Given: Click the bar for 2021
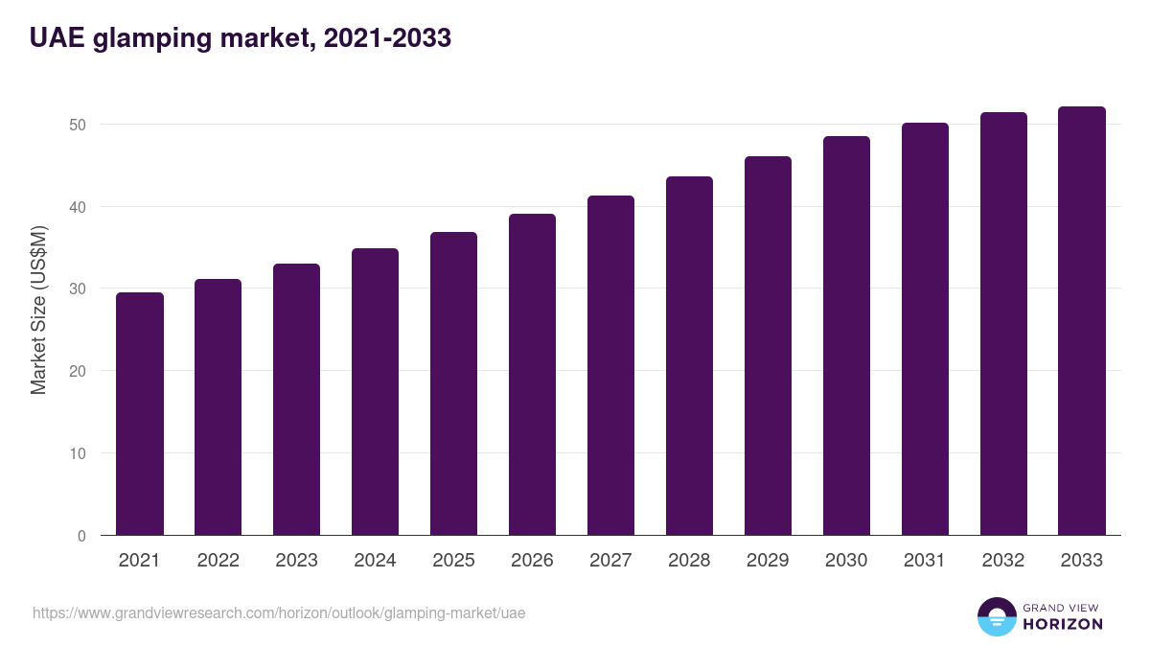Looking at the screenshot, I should pyautogui.click(x=140, y=414).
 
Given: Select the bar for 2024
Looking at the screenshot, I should pyautogui.click(x=376, y=392).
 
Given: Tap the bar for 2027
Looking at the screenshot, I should pyautogui.click(x=610, y=365).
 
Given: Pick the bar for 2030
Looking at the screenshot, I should pyautogui.click(x=846, y=335).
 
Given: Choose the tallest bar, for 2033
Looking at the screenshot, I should pyautogui.click(x=1082, y=321).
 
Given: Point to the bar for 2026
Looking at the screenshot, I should pyautogui.click(x=532, y=375).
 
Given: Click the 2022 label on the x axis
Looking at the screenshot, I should pyautogui.click(x=218, y=561).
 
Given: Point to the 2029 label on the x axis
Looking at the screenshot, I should pyautogui.click(x=768, y=561).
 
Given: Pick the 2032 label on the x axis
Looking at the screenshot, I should pyautogui.click(x=1003, y=561).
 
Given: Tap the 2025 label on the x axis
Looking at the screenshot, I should pyautogui.click(x=453, y=561).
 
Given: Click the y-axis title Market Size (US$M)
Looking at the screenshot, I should pyautogui.click(x=38, y=309).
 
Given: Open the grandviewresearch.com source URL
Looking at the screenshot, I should pyautogui.click(x=279, y=612).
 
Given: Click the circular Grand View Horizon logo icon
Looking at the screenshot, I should pyautogui.click(x=996, y=616).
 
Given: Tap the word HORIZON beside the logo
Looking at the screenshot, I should pyautogui.click(x=1063, y=624).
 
